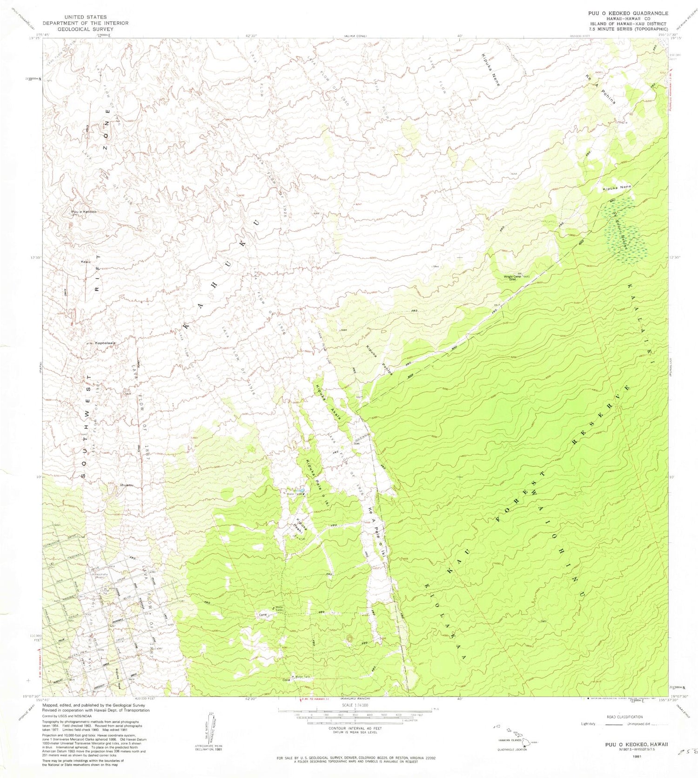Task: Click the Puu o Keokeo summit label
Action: pos(84,212)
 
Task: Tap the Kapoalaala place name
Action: pos(105,343)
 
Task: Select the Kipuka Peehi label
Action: pos(301,525)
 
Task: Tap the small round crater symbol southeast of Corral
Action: pos(350,638)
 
